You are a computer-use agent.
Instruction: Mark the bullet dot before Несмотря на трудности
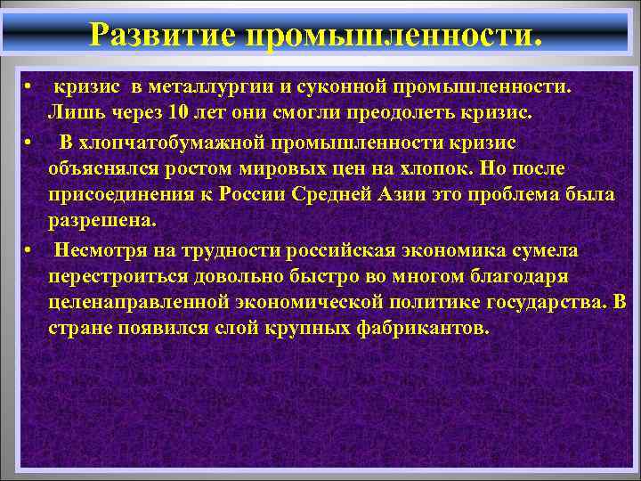pos(30,249)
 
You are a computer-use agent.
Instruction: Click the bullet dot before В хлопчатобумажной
pos(30,143)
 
